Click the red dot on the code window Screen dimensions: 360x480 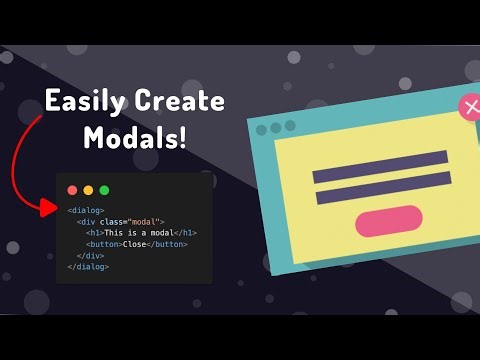pos(72,190)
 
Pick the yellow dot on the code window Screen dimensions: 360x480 pos(88,190)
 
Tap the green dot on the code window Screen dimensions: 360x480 pos(104,190)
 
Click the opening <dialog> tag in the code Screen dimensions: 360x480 pos(85,210)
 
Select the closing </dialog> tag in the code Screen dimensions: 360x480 pos(87,267)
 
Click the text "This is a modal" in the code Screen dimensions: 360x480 pos(132,233)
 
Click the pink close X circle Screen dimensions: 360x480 pos(471,108)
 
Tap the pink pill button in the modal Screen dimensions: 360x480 pos(389,221)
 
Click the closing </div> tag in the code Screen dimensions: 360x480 pos(90,256)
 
